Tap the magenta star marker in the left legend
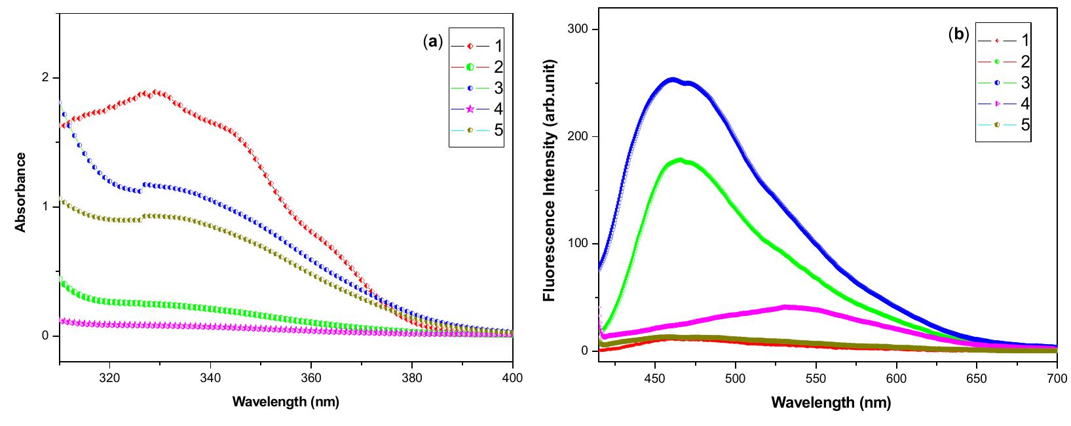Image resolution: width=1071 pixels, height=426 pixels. coord(470,109)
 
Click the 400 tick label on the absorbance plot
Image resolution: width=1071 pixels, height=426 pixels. coord(512,378)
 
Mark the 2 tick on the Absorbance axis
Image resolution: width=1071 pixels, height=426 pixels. coord(46,78)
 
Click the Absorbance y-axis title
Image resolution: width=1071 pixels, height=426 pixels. coord(20,191)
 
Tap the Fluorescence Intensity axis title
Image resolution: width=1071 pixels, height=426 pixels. coord(549,180)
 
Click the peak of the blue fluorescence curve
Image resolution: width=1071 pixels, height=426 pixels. coord(672,80)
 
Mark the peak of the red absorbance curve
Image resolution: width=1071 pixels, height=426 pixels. coord(155,92)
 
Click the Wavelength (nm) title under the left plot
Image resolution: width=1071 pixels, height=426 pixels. coord(286,402)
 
